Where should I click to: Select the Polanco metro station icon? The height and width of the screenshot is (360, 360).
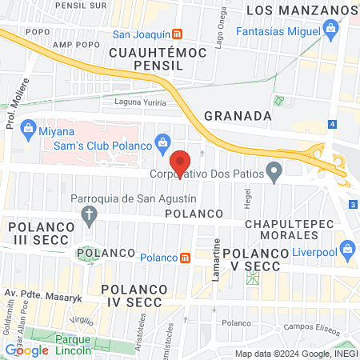[186, 257]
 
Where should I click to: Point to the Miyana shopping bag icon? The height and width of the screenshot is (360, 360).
[28, 128]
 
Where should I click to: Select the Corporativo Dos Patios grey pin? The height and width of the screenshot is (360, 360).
[274, 170]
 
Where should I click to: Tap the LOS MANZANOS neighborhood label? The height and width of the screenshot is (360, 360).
[300, 10]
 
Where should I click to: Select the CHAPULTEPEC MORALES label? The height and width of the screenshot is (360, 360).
[287, 229]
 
